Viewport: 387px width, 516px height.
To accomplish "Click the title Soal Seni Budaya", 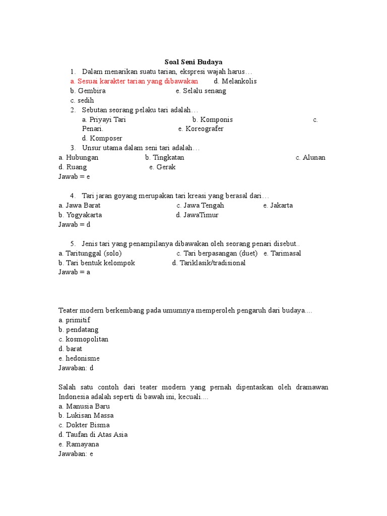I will pyautogui.click(x=193, y=62).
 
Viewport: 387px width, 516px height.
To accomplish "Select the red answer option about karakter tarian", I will pyautogui.click(x=134, y=81).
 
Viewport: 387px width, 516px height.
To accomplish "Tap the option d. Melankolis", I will pyautogui.click(x=235, y=81).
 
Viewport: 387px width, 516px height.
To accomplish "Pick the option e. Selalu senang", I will pyautogui.click(x=201, y=91).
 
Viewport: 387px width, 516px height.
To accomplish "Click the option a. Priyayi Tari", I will pyautogui.click(x=104, y=119).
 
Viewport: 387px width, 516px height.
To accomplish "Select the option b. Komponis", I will pyautogui.click(x=212, y=119).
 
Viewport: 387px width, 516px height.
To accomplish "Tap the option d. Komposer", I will pyautogui.click(x=102, y=138).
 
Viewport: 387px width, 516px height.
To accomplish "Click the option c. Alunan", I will pyautogui.click(x=310, y=157).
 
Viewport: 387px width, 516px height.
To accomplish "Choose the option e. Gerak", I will pyautogui.click(x=162, y=167).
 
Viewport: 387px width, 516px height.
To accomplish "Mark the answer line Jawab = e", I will pyautogui.click(x=74, y=176).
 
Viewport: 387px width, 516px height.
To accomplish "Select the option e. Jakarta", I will pyautogui.click(x=278, y=205).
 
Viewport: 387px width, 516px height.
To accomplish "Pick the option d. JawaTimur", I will pyautogui.click(x=197, y=215).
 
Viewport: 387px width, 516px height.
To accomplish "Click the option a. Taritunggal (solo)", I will pyautogui.click(x=90, y=253).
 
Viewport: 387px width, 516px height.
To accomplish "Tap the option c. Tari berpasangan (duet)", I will pyautogui.click(x=217, y=253).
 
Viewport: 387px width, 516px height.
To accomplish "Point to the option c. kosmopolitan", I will pyautogui.click(x=83, y=339).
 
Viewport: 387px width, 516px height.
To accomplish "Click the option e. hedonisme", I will pyautogui.click(x=79, y=358).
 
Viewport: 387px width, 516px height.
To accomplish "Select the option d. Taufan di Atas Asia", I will pyautogui.click(x=93, y=434).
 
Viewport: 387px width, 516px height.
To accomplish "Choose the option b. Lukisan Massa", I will pyautogui.click(x=86, y=415).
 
